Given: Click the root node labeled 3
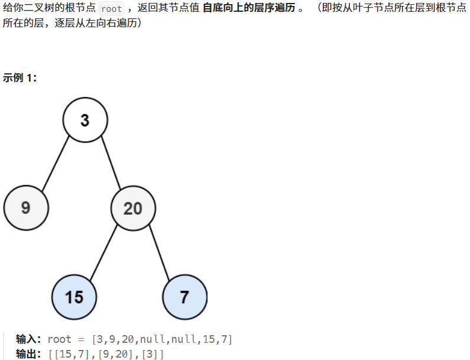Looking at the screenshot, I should click(x=85, y=120).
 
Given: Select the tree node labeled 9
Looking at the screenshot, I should click(x=26, y=207).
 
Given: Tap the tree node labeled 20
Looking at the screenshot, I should click(x=133, y=207).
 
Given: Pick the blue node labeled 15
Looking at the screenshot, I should click(x=74, y=296).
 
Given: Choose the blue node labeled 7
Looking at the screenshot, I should click(x=184, y=296).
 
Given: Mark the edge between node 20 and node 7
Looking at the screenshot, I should click(x=160, y=251).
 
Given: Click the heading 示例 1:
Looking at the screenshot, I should click(x=20, y=77).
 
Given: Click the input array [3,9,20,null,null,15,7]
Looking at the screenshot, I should click(x=163, y=339).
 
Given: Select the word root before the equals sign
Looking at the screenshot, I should click(x=59, y=339).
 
